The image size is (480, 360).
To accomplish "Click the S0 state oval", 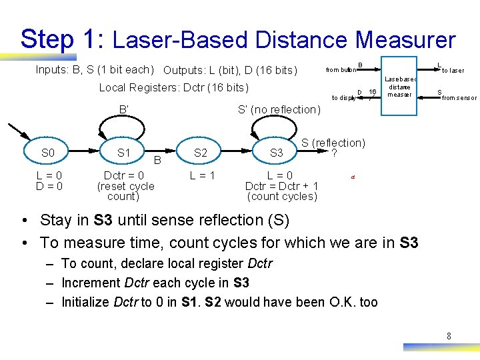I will (x=48, y=153).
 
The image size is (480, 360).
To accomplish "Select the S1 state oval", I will (x=123, y=153).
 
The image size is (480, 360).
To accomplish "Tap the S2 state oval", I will (x=200, y=153).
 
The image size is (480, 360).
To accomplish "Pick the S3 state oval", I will (x=276, y=153).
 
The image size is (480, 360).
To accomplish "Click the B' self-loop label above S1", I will (x=123, y=109).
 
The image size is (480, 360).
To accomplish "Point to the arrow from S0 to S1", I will (x=85, y=153).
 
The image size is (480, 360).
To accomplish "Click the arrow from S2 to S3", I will (x=238, y=153).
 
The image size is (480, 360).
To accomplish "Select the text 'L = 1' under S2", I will (x=201, y=175).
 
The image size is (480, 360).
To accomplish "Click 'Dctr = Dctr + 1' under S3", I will (x=282, y=186).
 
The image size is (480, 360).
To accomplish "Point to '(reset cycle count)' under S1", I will (x=125, y=191).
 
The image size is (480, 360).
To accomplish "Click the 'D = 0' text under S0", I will (x=49, y=186).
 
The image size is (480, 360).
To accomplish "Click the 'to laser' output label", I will (x=453, y=71).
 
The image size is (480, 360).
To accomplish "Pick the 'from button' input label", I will (x=339, y=70).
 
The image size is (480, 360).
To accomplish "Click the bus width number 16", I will (x=373, y=91).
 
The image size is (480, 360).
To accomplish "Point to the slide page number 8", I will (x=449, y=336).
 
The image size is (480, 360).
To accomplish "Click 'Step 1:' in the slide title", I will (x=60, y=39).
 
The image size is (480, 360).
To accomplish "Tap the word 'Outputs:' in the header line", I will (x=183, y=70).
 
